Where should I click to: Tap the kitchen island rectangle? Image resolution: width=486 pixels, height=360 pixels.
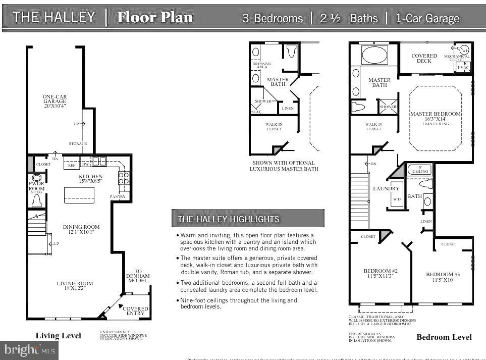click(x=79, y=194)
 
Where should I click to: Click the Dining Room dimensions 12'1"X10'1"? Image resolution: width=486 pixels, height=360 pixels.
click(x=81, y=232)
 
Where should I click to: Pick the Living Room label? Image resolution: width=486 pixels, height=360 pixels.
click(x=75, y=284)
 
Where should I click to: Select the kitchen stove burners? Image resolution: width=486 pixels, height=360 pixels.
click(x=123, y=178)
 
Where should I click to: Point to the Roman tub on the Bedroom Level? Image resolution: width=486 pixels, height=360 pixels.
click(x=374, y=55)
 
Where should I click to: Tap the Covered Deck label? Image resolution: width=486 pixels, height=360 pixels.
click(x=424, y=59)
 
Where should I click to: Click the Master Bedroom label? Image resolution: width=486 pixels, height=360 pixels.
click(x=435, y=114)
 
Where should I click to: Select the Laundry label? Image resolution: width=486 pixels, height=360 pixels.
click(x=386, y=189)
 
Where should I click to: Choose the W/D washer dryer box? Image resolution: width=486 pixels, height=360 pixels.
click(x=397, y=199)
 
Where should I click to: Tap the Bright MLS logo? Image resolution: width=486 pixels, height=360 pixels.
click(x=29, y=349)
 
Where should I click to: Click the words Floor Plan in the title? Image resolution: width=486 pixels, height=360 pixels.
click(x=154, y=17)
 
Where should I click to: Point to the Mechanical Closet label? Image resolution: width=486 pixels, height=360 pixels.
click(x=457, y=58)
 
